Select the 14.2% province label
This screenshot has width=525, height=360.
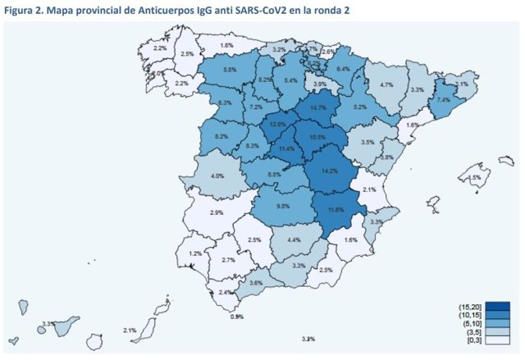[x=330, y=171]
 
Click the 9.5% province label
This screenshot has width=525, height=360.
[x=283, y=206]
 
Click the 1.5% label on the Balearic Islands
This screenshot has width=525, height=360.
[x=473, y=177]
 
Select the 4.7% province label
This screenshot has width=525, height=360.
[x=386, y=84]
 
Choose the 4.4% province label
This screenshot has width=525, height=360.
[x=294, y=239]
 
